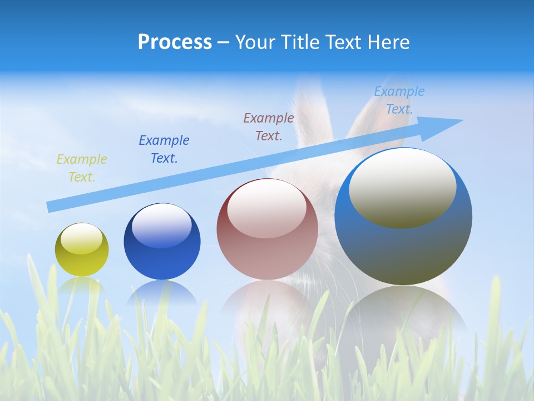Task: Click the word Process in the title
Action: click(x=175, y=42)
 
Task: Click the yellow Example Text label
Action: click(x=81, y=168)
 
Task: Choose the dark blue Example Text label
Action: click(x=164, y=149)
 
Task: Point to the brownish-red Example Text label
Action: click(x=269, y=126)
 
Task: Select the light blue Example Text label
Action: click(x=399, y=100)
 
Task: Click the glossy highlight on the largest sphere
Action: click(x=402, y=187)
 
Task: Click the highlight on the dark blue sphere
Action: click(x=161, y=226)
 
